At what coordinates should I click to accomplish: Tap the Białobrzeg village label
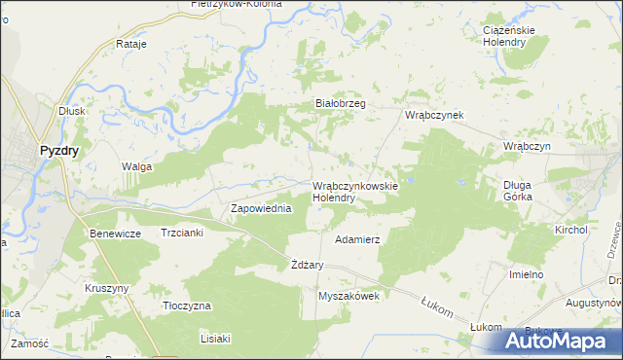pos(340,102)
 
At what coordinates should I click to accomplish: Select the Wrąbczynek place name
pos(434,115)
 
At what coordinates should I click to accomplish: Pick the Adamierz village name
pos(356,238)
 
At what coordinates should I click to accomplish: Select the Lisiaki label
pos(214,339)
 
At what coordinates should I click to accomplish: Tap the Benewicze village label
pos(116,234)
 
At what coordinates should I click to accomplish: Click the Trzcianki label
pos(181,234)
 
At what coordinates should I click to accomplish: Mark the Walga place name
pos(136,166)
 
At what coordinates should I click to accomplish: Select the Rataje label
pos(130,45)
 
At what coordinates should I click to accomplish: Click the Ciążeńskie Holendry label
pos(515,36)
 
